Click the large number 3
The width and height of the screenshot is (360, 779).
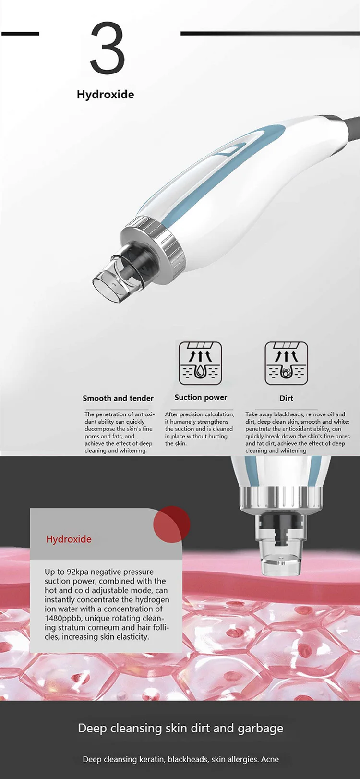click(x=108, y=49)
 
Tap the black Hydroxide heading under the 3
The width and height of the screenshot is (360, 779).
click(x=105, y=94)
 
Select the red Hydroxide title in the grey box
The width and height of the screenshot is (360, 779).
click(x=69, y=539)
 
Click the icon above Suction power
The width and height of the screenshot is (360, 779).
click(x=200, y=363)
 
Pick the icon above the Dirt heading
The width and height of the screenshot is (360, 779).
click(x=286, y=363)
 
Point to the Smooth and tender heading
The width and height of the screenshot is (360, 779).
click(x=118, y=398)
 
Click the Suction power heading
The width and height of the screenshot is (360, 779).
click(x=201, y=397)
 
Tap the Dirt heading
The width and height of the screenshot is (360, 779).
click(x=286, y=398)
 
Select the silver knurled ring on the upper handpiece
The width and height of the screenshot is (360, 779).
click(x=153, y=242)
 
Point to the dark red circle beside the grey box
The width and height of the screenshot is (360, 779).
click(x=172, y=524)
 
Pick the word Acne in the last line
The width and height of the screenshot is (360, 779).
click(x=270, y=759)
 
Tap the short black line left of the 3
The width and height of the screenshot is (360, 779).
click(x=20, y=34)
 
